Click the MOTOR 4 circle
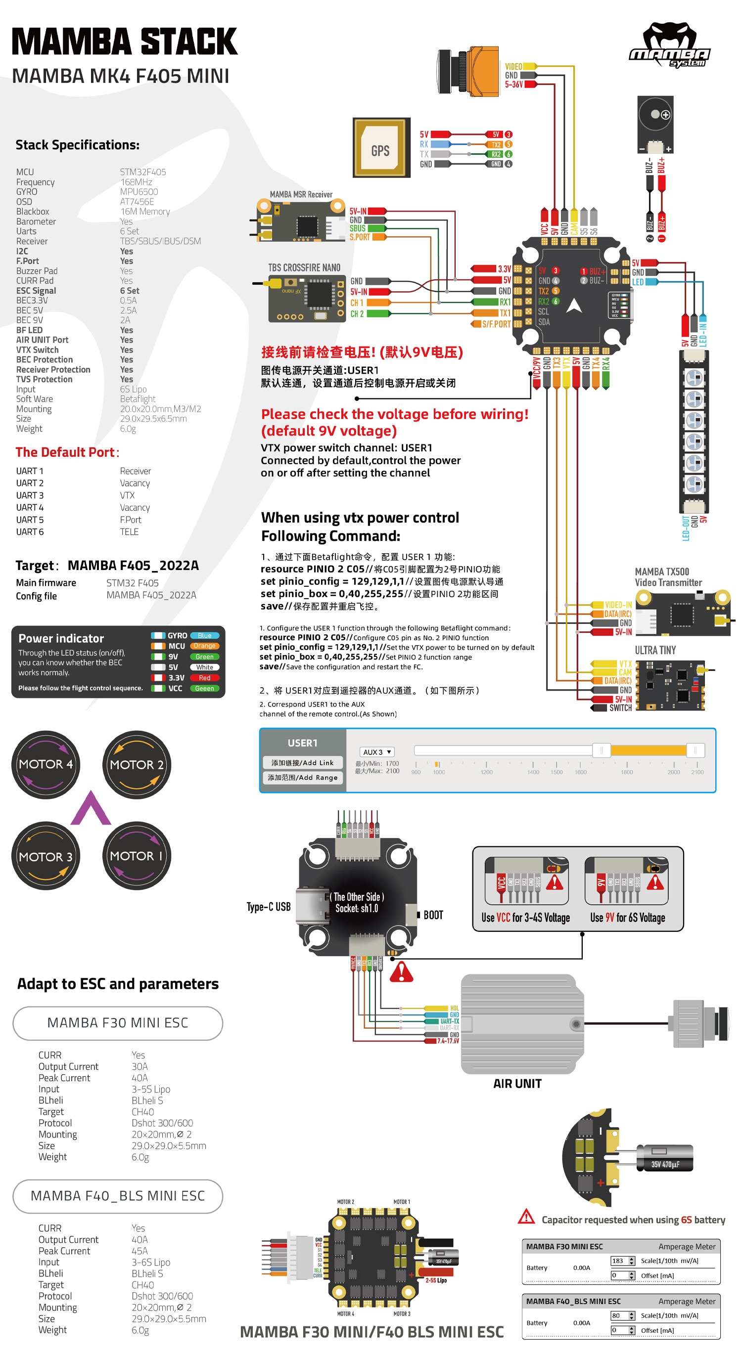click(46, 764)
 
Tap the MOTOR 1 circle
click(137, 855)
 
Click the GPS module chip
click(381, 147)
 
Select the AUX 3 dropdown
click(377, 752)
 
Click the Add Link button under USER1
click(302, 762)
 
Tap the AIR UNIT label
click(517, 1084)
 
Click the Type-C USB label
click(269, 907)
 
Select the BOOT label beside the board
click(433, 915)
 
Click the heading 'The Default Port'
click(67, 452)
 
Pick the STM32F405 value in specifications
click(142, 172)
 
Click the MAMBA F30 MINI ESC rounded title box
click(117, 1023)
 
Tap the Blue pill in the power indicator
click(204, 636)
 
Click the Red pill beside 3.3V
click(204, 678)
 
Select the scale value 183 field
click(618, 1261)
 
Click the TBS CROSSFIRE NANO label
click(304, 268)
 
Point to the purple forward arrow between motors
click(91, 808)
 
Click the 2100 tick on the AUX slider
click(697, 772)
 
